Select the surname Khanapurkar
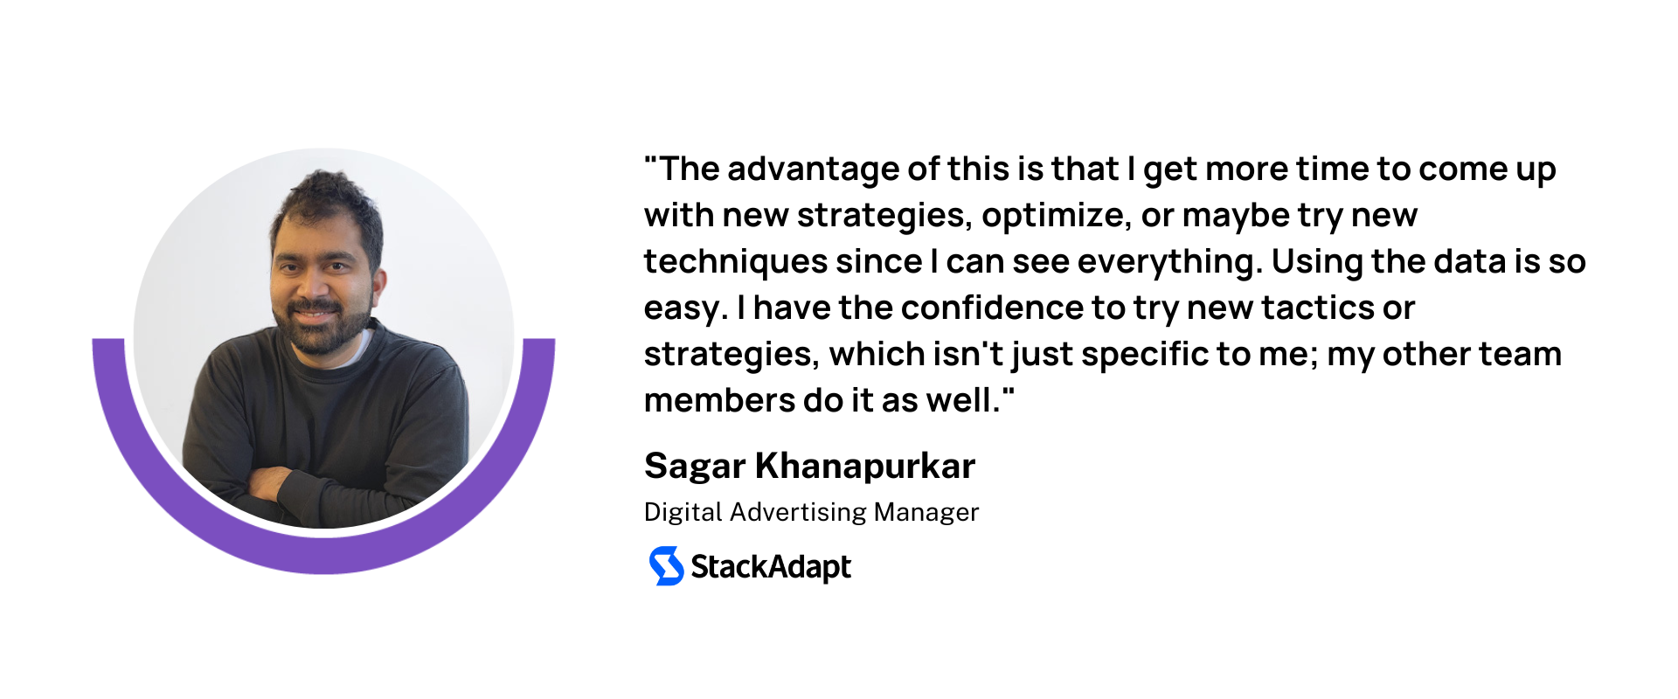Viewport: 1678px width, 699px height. [x=865, y=466]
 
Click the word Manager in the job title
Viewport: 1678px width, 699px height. [x=926, y=513]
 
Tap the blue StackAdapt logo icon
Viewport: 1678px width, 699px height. [x=666, y=566]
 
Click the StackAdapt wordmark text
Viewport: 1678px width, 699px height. [x=771, y=567]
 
